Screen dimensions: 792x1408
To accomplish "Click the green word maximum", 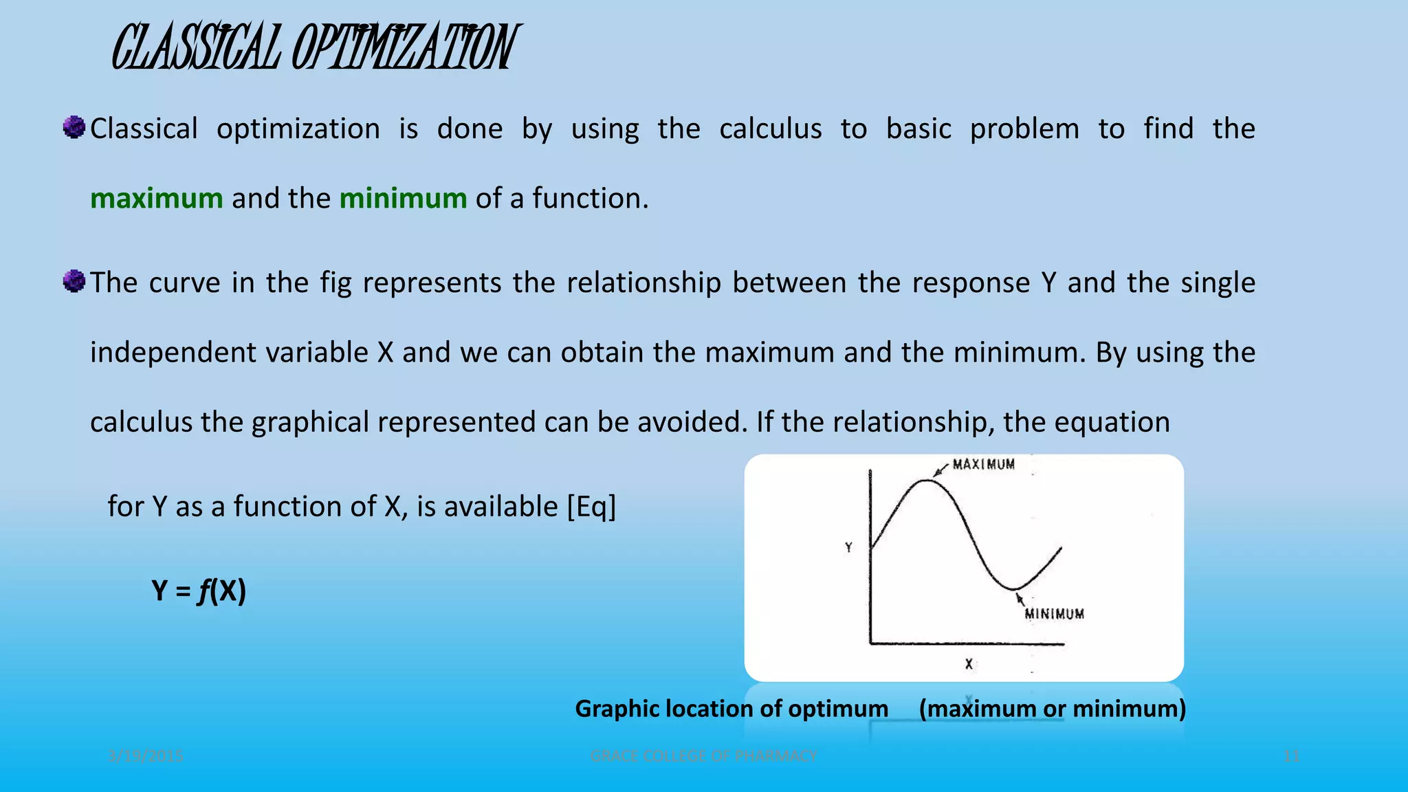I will point(156,199).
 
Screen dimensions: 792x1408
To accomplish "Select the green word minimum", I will point(403,199).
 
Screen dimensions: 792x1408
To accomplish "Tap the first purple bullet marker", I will point(74,127).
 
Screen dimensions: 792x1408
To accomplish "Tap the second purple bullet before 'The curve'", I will point(74,281).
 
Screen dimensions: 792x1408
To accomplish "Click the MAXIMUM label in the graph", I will point(983,465).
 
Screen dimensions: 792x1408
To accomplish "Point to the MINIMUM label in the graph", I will point(1054,614).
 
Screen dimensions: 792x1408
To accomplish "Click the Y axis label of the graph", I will point(849,548).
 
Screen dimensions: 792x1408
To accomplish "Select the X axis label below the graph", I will point(969,664).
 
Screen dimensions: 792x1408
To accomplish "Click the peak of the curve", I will point(925,481).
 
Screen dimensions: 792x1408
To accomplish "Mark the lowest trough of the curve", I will point(1013,588).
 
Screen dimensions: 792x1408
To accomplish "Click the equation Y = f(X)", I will point(199,591).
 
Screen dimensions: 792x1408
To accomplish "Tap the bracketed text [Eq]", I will point(591,507).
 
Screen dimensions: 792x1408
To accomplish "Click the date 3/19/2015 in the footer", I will point(146,756).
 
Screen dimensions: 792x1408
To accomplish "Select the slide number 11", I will point(1291,756).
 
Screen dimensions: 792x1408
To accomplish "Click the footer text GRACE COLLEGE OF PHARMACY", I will point(703,756).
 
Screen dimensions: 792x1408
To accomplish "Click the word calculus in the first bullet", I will point(770,129).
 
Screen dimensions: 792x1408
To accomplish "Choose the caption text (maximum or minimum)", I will point(1052,709).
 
